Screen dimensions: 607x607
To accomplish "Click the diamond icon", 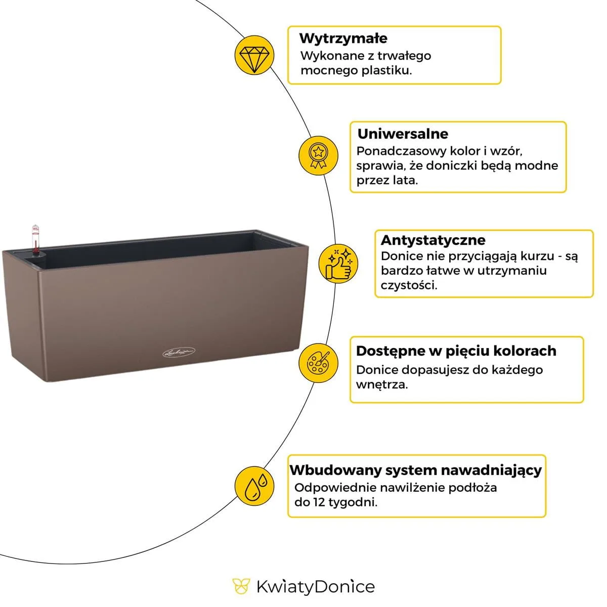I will (254, 55).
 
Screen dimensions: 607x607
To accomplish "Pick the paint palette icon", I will (318, 363).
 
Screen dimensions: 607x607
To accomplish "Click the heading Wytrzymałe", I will (343, 38).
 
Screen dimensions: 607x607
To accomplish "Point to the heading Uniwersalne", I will (403, 134).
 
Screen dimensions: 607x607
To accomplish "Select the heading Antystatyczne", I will (433, 240).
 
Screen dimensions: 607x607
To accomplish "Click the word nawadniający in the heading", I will (491, 470).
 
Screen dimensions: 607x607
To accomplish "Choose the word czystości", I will (409, 285).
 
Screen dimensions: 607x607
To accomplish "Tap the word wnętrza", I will (381, 384).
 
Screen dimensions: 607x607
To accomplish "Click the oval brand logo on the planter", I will (180, 353).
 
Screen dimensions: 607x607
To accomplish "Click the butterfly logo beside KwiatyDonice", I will (241, 587).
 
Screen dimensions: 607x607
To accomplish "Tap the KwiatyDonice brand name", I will (315, 587).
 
